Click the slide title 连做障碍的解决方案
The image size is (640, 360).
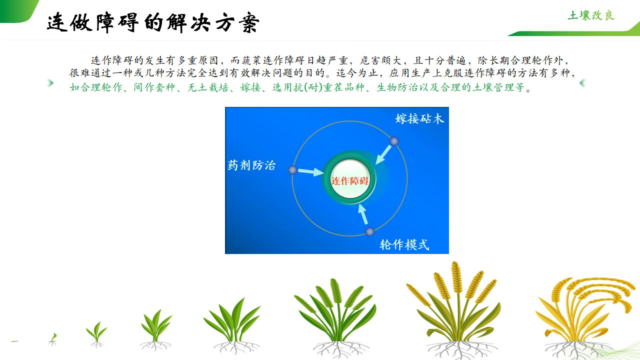pyautogui.click(x=153, y=22)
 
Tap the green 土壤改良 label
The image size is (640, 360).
pyautogui.click(x=591, y=15)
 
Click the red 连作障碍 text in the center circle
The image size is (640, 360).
pyautogui.click(x=349, y=181)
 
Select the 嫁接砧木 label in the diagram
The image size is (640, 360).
pyautogui.click(x=419, y=119)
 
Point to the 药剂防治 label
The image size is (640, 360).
pyautogui.click(x=251, y=165)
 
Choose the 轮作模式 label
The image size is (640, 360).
pyautogui.click(x=404, y=245)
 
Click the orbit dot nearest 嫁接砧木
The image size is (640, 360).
pyautogui.click(x=394, y=141)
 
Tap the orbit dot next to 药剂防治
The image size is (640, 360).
pyautogui.click(x=292, y=170)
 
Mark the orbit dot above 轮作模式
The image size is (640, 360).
pyautogui.click(x=369, y=231)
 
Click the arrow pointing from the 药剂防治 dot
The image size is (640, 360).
pyautogui.click(x=311, y=171)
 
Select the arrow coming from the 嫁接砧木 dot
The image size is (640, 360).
pyautogui.click(x=383, y=155)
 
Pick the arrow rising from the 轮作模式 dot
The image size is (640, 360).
pyautogui.click(x=363, y=214)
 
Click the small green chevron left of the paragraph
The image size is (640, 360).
pyautogui.click(x=50, y=83)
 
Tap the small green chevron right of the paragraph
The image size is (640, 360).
pyautogui.click(x=582, y=83)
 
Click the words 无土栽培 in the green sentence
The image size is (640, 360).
pyautogui.click(x=208, y=87)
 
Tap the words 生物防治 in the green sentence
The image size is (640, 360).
pyautogui.click(x=397, y=87)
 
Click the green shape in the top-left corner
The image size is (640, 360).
pyautogui.click(x=17, y=10)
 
